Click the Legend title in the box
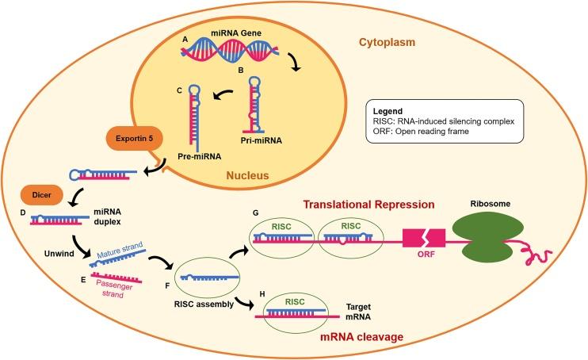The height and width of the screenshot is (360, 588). (393, 112)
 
